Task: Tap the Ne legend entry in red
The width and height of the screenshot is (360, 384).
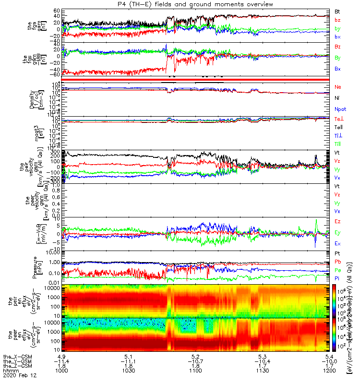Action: (338, 87)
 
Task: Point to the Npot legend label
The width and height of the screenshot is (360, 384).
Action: (339, 109)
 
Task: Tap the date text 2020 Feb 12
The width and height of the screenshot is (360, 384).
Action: (17, 377)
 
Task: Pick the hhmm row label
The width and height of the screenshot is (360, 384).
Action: (8, 371)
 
